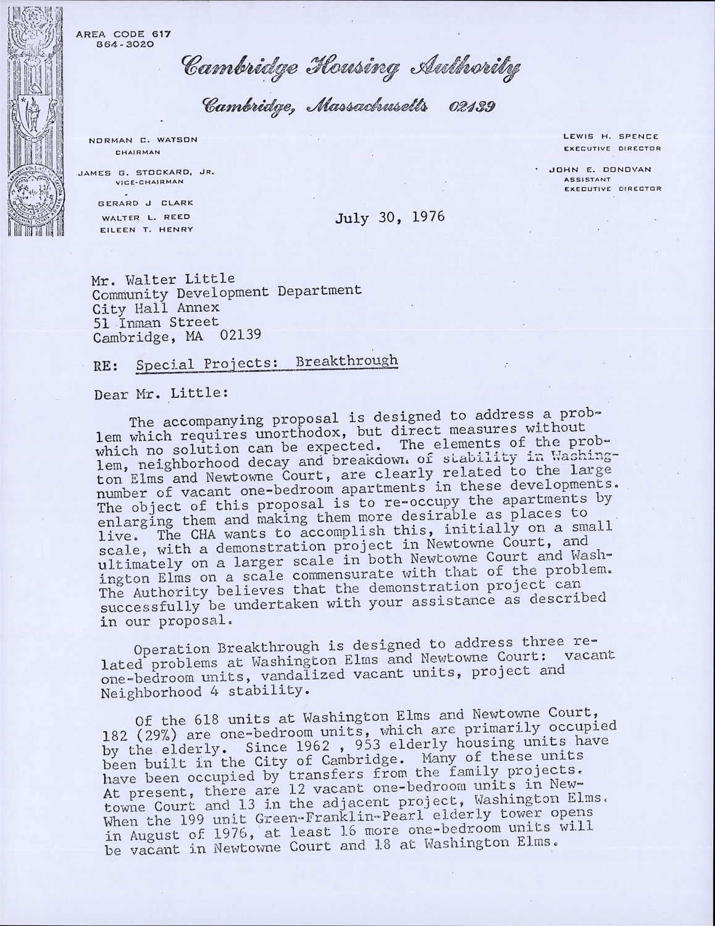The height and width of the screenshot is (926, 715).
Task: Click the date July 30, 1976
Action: click(x=390, y=218)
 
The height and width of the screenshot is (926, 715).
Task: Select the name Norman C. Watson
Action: click(x=143, y=140)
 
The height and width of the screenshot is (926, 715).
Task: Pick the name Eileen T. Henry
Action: click(x=146, y=229)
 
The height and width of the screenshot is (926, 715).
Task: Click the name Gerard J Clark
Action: click(x=146, y=203)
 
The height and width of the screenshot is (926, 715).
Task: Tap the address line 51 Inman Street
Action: click(x=156, y=322)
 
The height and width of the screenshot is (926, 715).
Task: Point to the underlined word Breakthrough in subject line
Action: click(x=347, y=362)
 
